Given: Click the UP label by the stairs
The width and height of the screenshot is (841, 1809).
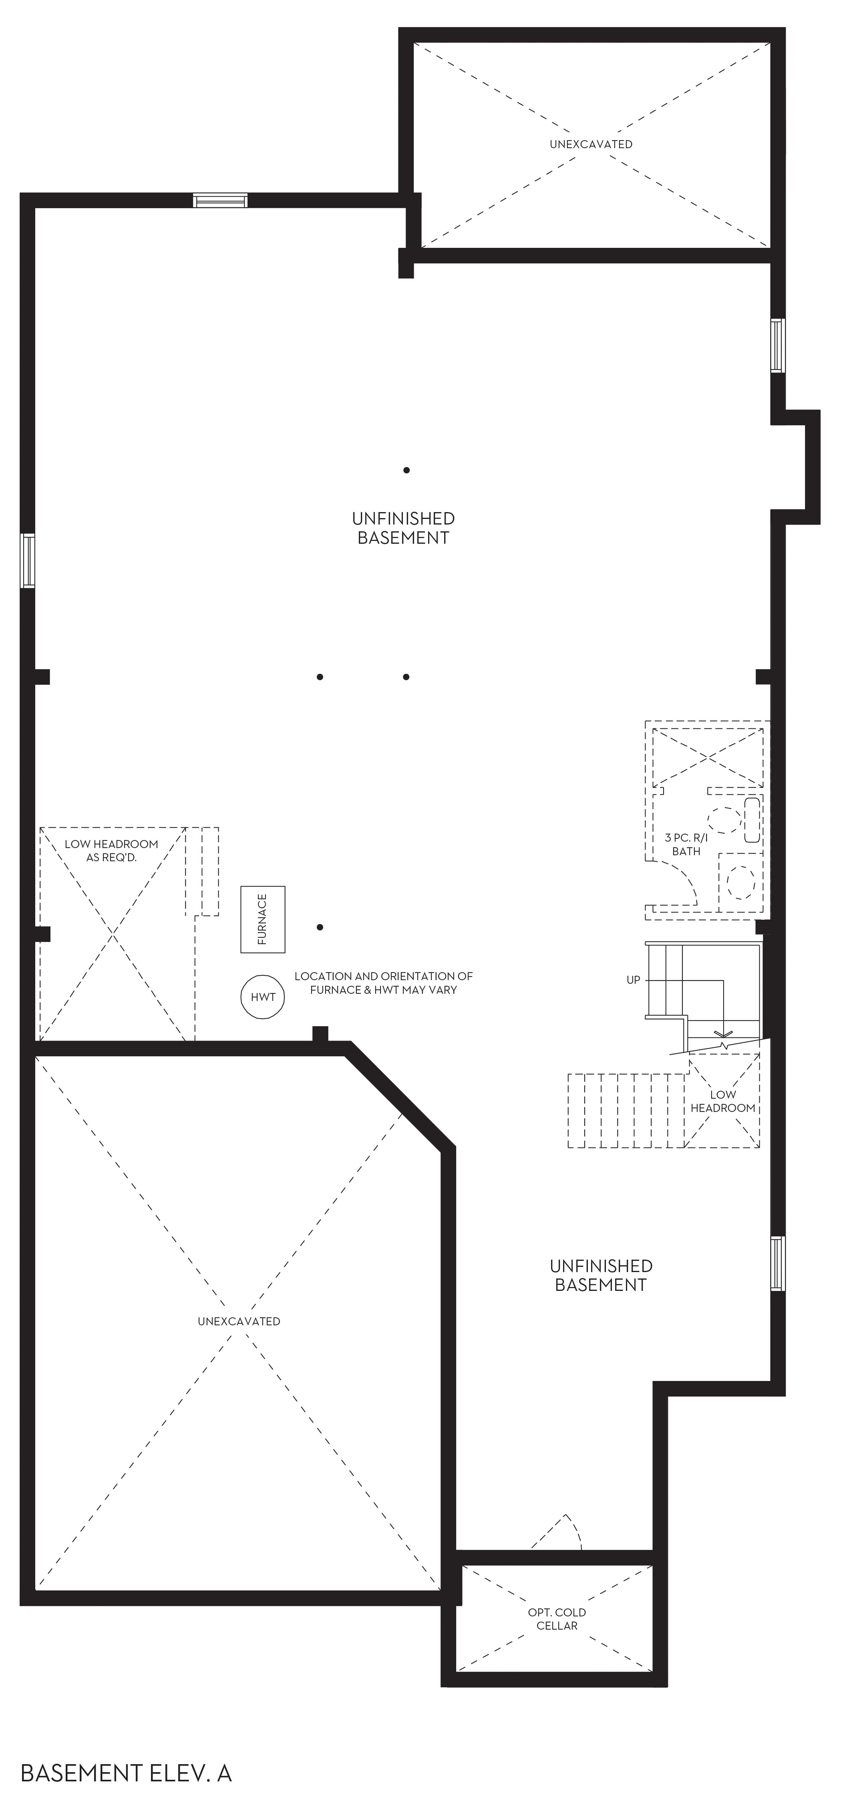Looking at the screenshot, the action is point(633,980).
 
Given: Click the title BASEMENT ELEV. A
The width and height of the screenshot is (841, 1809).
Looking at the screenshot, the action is point(127,1773).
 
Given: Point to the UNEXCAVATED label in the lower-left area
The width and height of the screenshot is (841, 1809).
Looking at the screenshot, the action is point(239,1321).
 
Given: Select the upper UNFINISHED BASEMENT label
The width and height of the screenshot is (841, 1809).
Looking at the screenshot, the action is point(403,528).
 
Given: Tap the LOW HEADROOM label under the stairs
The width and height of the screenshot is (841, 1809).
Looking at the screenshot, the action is point(722,1101).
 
